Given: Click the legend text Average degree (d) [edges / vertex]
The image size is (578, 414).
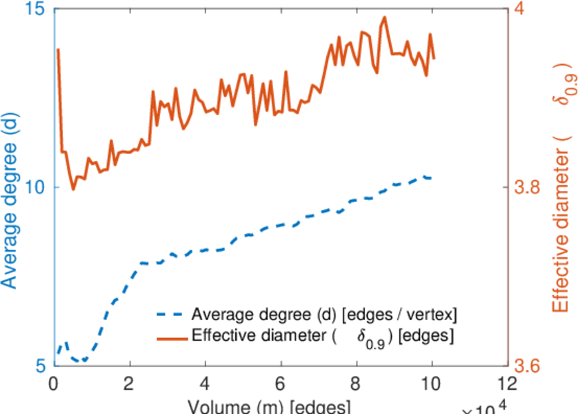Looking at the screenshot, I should [324, 315].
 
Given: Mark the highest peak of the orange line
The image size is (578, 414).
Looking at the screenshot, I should [384, 17].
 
